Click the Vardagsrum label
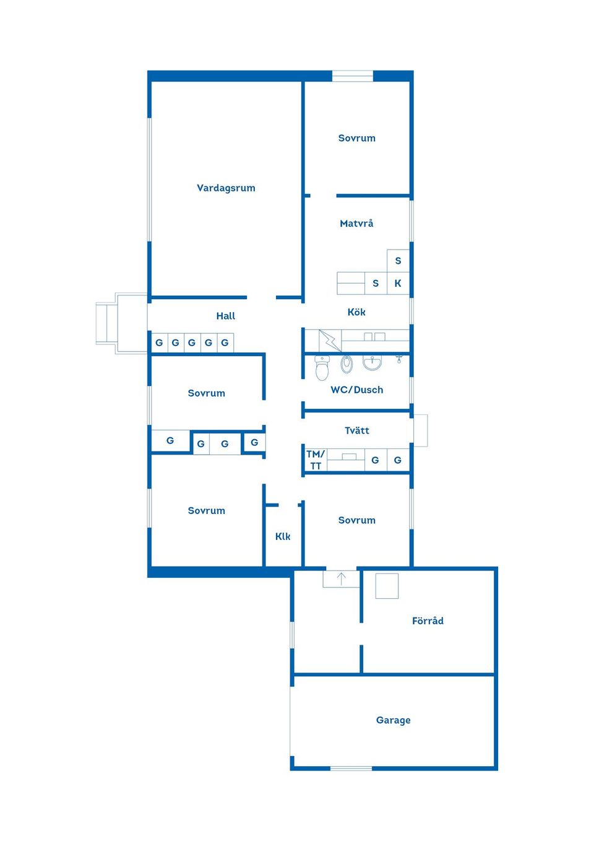point(226,188)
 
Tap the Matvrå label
point(356,224)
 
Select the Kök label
point(356,312)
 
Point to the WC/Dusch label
point(356,390)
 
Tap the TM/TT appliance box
point(316,460)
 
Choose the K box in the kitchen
point(398,283)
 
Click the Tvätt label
point(356,430)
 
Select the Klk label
point(283,536)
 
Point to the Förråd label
point(428,621)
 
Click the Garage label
point(393,720)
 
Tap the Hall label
point(226,316)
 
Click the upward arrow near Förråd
point(341,579)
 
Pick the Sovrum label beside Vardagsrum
point(356,138)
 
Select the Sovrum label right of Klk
point(356,520)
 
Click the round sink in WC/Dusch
point(372,362)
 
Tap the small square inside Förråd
point(387,586)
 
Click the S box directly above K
point(398,261)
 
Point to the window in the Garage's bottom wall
point(351,768)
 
